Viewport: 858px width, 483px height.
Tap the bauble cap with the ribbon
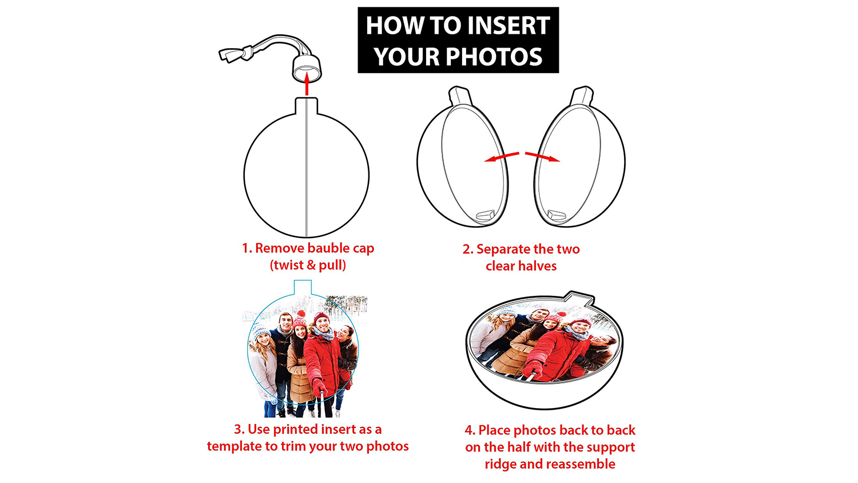(x=307, y=68)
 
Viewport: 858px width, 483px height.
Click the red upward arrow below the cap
(x=307, y=84)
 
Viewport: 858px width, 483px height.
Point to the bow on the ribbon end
(x=235, y=54)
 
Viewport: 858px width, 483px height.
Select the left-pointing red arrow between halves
(x=502, y=157)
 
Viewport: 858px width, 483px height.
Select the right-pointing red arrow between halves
(x=542, y=157)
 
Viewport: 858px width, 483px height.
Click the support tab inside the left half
(x=485, y=215)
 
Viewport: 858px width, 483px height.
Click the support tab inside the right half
(x=557, y=215)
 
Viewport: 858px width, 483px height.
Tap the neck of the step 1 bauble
(x=307, y=106)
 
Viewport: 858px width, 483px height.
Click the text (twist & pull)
(x=308, y=266)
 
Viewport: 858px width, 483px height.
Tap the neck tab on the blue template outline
(x=303, y=287)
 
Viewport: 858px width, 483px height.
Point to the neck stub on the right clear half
(x=582, y=96)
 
